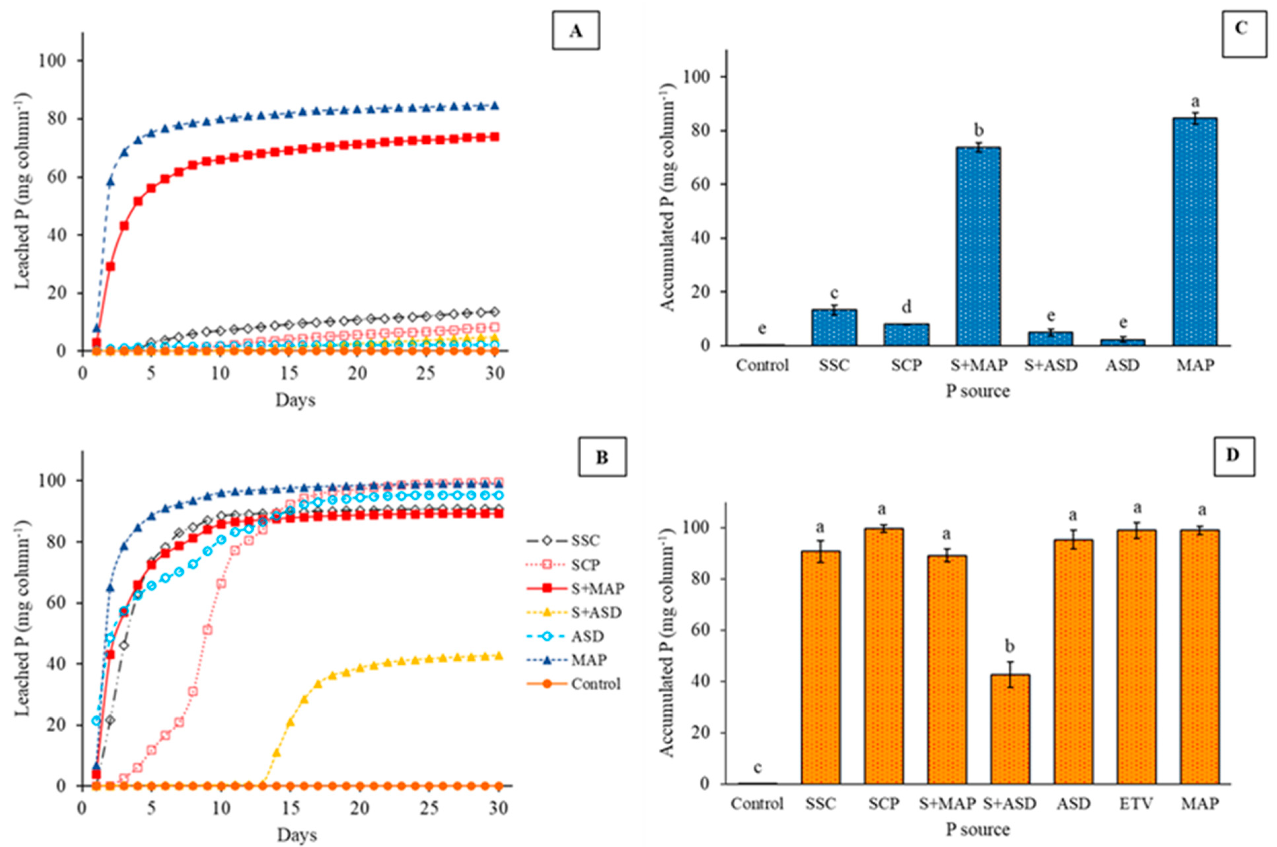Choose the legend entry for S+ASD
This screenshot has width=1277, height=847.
pyautogui.click(x=574, y=612)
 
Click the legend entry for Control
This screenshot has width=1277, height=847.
pyautogui.click(x=574, y=684)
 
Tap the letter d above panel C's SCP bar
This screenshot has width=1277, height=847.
pyautogui.click(x=906, y=307)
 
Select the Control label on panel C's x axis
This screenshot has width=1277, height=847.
pyautogui.click(x=762, y=366)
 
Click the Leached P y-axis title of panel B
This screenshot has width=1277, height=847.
pyautogui.click(x=23, y=619)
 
